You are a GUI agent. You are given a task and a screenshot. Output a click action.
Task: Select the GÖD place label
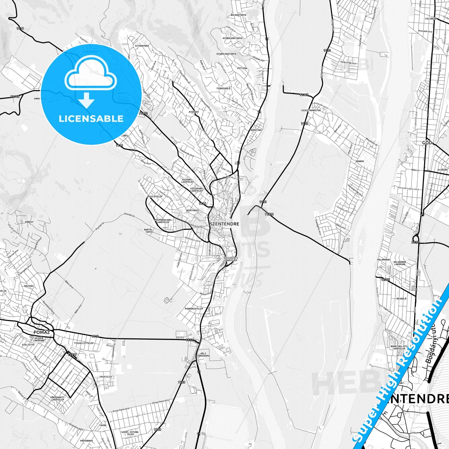pos(427,143)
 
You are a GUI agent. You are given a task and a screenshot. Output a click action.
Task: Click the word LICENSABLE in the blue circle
pos(91,119)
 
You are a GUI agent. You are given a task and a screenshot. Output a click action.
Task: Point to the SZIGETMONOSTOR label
pos(311,110)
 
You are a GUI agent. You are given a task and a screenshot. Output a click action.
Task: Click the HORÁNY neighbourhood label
pos(360,161)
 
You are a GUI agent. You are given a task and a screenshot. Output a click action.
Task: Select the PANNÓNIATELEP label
pos(194,309)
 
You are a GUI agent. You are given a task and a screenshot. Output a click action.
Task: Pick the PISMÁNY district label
pos(194,112)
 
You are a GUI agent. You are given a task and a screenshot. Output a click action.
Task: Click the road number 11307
pos(304,95)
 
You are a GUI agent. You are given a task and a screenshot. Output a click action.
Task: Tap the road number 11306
pos(269,214)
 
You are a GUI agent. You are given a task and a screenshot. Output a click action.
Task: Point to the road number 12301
pos(385,279)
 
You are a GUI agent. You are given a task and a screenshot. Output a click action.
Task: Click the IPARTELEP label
pos(106,377)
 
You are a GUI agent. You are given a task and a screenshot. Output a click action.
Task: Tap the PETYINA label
pos(242,68)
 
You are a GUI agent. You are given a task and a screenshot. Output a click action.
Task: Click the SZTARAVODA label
pos(142,46)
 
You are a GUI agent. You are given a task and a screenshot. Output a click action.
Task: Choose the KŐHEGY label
pos(29,222)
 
